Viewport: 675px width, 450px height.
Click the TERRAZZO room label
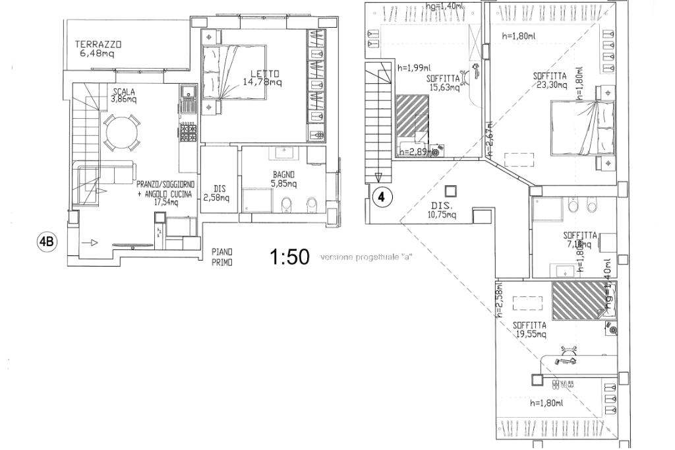(98, 44)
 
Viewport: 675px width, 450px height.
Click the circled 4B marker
(47, 242)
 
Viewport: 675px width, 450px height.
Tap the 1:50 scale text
(290, 257)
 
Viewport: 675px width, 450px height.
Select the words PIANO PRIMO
(222, 257)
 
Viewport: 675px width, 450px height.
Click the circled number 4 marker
(382, 197)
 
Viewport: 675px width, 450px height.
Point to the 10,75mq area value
(444, 214)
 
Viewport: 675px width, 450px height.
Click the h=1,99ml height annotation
(414, 67)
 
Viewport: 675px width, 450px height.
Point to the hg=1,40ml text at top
(445, 6)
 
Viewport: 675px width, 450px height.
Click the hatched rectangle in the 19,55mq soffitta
(578, 300)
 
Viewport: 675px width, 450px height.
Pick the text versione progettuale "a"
(367, 257)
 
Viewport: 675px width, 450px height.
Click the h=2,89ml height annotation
(414, 152)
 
